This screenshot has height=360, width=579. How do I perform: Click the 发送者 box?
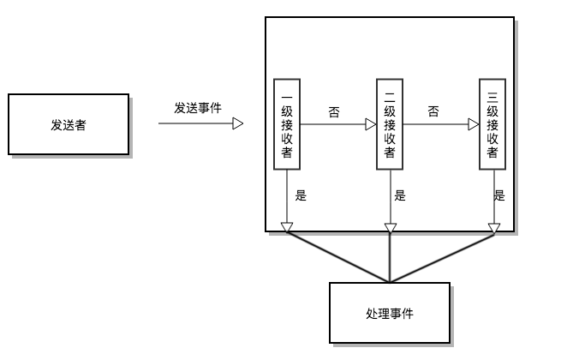pyautogui.click(x=69, y=124)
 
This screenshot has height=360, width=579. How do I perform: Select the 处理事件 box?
pyautogui.click(x=389, y=313)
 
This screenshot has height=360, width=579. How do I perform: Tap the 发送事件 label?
pyautogui.click(x=198, y=108)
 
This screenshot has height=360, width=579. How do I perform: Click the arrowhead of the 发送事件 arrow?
pyautogui.click(x=238, y=123)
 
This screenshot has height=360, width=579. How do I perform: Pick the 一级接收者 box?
pyautogui.click(x=287, y=123)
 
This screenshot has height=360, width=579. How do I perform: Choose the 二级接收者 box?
pyautogui.click(x=390, y=123)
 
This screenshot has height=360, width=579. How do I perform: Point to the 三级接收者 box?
pyautogui.click(x=492, y=123)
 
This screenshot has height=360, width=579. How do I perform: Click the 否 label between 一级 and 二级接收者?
pyautogui.click(x=333, y=111)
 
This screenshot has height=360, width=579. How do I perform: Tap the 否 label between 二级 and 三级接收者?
pyautogui.click(x=433, y=111)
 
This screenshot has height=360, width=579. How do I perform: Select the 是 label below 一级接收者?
pyautogui.click(x=301, y=195)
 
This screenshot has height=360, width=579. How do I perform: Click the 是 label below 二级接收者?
pyautogui.click(x=400, y=195)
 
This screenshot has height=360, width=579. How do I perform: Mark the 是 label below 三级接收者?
pyautogui.click(x=499, y=195)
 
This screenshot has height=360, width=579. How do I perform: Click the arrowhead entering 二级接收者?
pyautogui.click(x=371, y=124)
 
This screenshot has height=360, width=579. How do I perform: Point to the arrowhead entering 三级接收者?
pyautogui.click(x=474, y=124)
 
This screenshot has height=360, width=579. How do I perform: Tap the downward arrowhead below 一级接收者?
pyautogui.click(x=287, y=227)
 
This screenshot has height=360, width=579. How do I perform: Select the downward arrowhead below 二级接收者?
pyautogui.click(x=391, y=227)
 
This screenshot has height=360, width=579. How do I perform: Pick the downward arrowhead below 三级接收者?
pyautogui.click(x=493, y=227)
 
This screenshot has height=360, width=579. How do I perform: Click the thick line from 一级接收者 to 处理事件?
pyautogui.click(x=338, y=257)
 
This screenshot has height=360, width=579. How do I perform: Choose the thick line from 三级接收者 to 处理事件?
pyautogui.click(x=442, y=257)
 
